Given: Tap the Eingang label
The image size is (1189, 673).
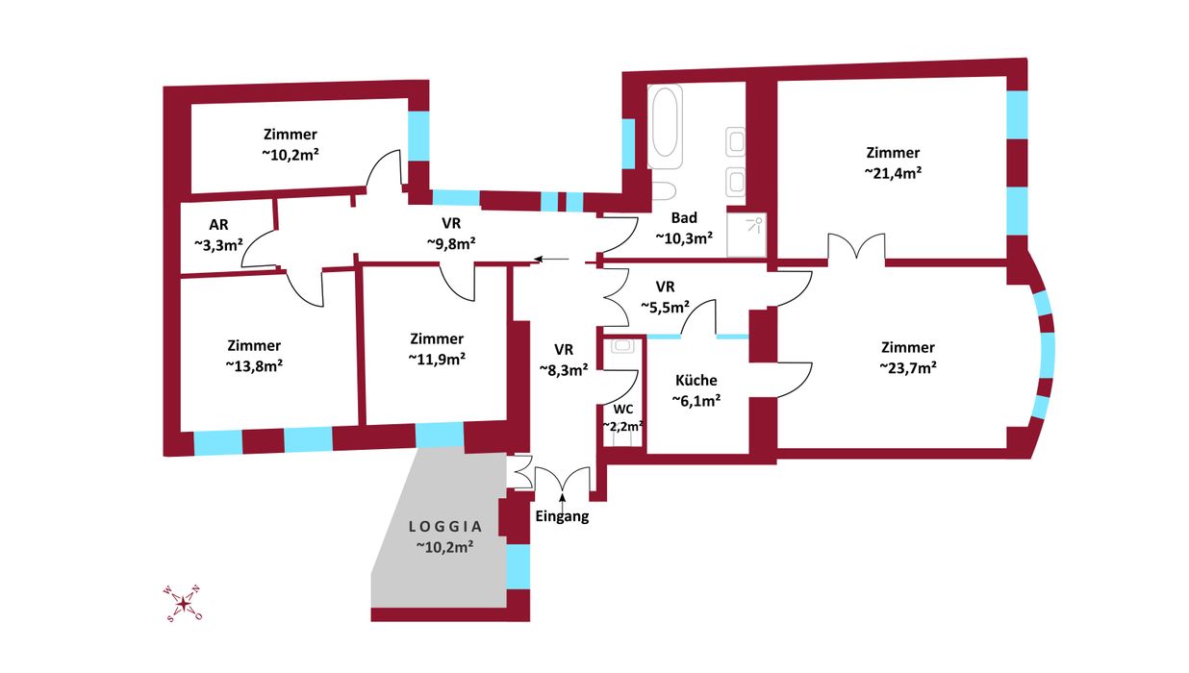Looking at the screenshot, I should click(561, 517).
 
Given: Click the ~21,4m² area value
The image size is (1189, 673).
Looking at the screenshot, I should click(893, 173).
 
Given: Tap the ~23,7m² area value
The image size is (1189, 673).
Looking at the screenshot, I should click(907, 367).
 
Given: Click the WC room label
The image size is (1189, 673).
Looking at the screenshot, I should click(622, 409).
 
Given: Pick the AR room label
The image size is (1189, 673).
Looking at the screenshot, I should click(217, 226).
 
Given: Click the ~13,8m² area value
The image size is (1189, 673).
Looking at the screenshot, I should click(254, 365).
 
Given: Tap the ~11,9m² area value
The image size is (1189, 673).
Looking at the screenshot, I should click(437, 359).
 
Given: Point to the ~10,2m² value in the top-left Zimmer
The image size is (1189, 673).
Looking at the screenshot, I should click(290, 154).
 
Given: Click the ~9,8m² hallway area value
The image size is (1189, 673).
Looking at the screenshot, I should click(450, 243).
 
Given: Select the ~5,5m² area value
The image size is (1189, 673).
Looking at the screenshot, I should click(666, 307).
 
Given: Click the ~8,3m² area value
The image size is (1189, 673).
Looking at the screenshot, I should click(563, 369).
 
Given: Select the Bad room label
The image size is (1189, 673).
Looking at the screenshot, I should click(684, 218).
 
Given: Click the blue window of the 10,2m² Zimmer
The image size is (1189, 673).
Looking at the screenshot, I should click(418, 137).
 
